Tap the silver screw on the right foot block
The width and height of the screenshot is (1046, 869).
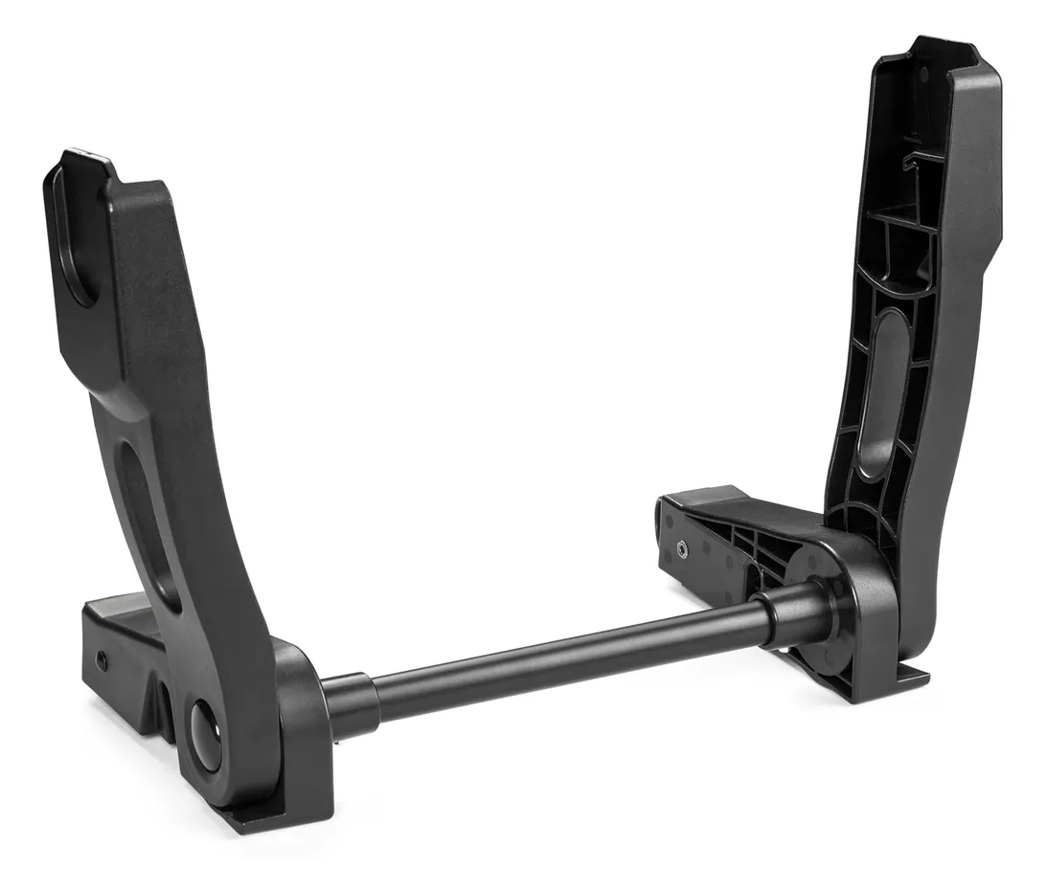pos(681,548)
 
